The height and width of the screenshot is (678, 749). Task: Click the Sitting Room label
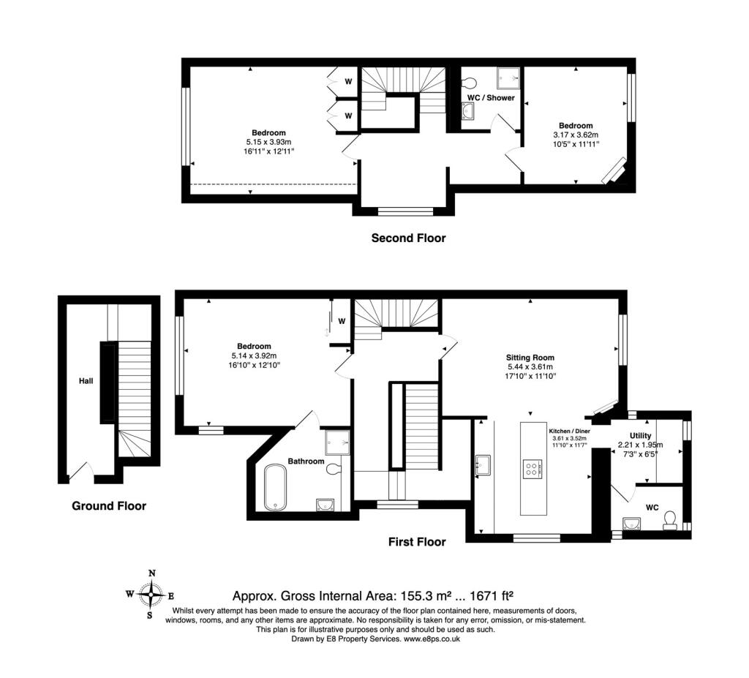point(530,358)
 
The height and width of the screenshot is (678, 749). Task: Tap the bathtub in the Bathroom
point(275,487)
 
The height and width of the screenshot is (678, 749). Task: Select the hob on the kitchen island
point(533,469)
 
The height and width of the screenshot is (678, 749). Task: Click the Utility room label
point(640,436)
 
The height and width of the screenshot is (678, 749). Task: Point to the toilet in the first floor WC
point(670,521)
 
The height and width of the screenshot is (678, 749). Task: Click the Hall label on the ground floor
point(86,381)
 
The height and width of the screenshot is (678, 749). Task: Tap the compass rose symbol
point(151,595)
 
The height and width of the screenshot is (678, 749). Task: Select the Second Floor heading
point(408,238)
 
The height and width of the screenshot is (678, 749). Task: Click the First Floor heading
point(417,542)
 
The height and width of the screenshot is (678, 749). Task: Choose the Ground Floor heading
point(109,506)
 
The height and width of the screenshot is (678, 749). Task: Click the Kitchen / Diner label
point(569,431)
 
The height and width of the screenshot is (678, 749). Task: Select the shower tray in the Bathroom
point(338,442)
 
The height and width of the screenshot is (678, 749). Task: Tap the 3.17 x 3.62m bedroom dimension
point(576,135)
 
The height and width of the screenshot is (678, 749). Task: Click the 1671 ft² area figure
point(492,596)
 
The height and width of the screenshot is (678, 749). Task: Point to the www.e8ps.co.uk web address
point(432,639)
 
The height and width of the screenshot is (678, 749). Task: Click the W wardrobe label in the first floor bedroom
point(342,321)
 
